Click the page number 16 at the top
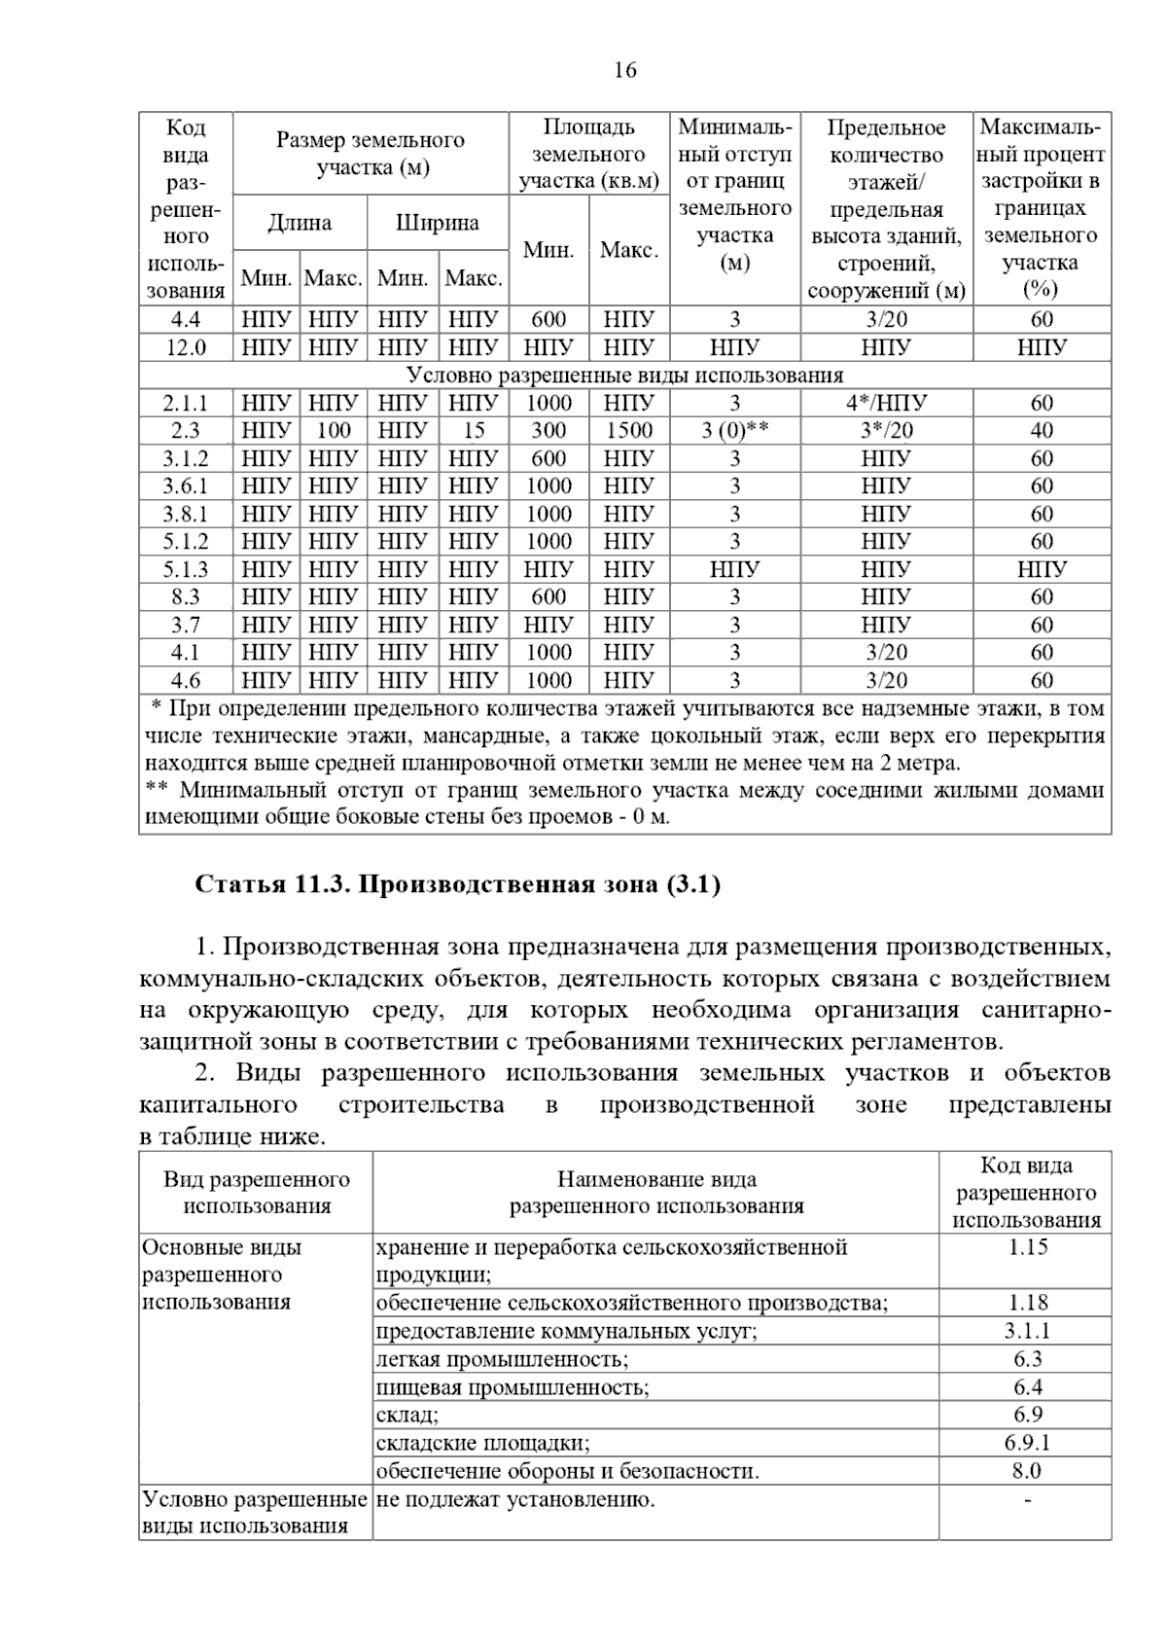tap(624, 71)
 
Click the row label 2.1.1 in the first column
tap(185, 403)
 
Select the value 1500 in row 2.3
tap(628, 431)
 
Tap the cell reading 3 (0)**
tap(734, 431)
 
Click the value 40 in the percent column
tap(1042, 431)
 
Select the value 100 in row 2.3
tap(334, 431)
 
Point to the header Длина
tap(300, 223)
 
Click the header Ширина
tap(437, 223)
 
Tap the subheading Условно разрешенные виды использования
tap(624, 376)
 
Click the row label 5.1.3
tap(185, 569)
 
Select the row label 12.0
tap(185, 347)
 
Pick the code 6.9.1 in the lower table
tap(1026, 1443)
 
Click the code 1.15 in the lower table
tap(1026, 1247)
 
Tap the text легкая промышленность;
tap(502, 1359)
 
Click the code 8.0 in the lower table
tap(1026, 1471)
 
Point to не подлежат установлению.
tap(515, 1499)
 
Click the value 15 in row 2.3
tap(473, 431)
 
